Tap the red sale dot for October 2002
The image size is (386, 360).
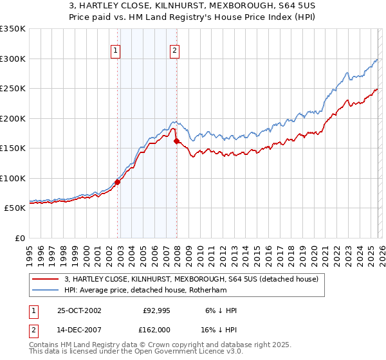pyautogui.click(x=118, y=182)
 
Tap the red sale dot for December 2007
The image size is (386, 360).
pyautogui.click(x=177, y=141)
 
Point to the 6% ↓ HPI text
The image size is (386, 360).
pyautogui.click(x=219, y=310)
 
